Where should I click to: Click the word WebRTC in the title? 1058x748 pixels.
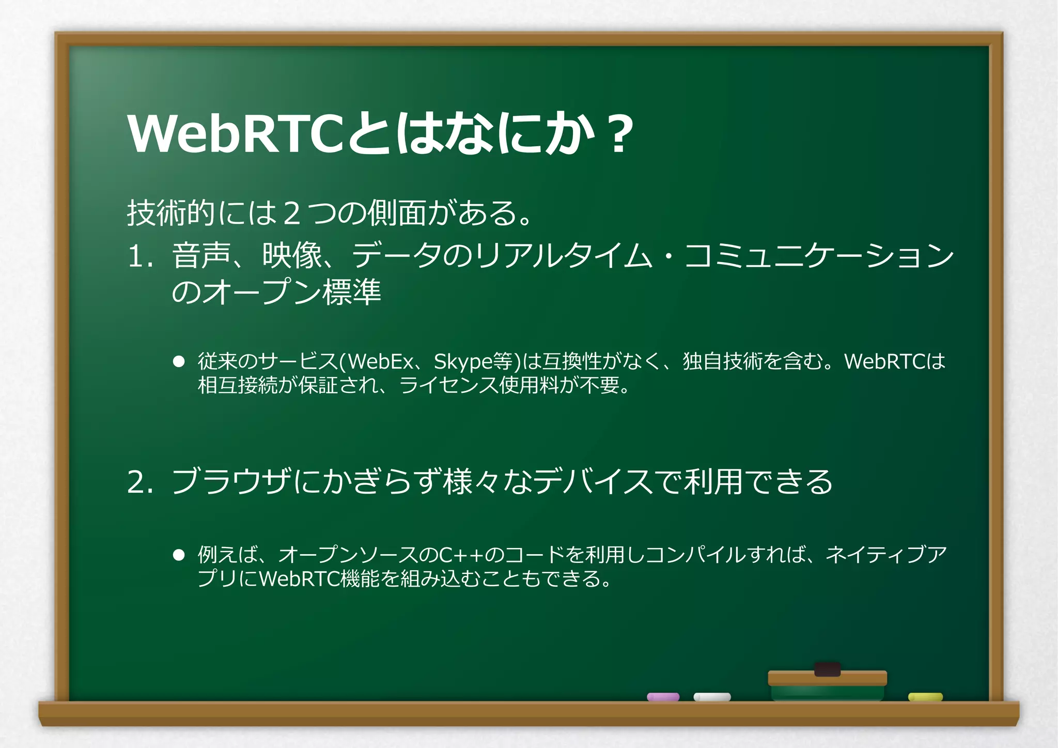235,134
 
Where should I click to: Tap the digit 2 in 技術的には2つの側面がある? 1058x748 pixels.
292,213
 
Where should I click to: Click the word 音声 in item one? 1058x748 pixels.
201,255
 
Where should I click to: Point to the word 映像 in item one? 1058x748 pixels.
292,255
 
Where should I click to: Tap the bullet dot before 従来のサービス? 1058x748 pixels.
179,361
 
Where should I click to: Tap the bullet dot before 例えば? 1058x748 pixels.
179,555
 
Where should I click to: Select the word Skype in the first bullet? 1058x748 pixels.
463,361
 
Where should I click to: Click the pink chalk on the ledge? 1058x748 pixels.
663,697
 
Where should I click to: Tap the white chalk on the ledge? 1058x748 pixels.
712,697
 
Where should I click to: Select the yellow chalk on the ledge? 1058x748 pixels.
925,697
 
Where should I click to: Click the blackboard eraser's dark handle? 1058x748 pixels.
827,669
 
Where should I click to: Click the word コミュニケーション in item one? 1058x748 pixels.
819,255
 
